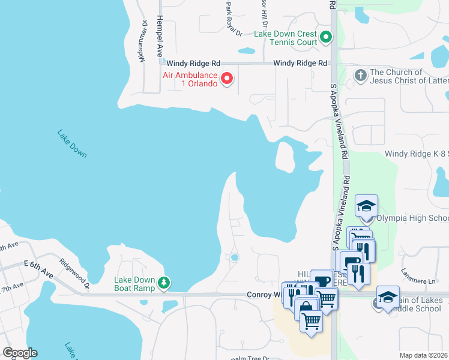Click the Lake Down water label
point(72,144)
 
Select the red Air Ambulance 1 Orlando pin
point(227,79)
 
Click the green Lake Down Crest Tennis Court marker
point(326,38)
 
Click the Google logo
point(20,353)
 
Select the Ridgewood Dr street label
point(74,273)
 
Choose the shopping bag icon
point(306,305)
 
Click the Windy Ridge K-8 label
point(417,154)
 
